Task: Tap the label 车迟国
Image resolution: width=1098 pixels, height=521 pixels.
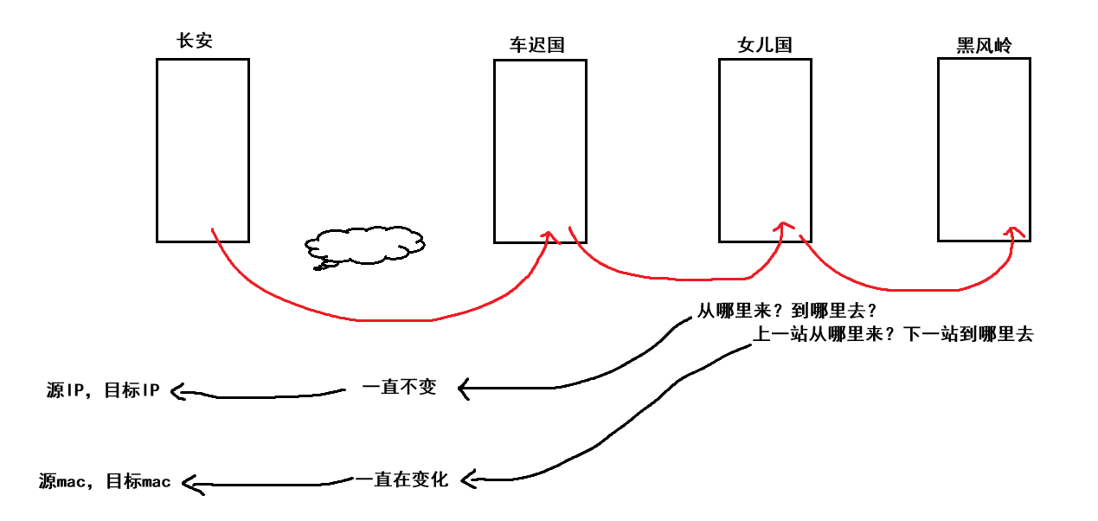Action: pos(536,45)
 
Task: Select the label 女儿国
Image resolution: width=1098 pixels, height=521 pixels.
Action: pos(764,45)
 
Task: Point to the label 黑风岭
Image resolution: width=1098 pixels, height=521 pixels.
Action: pos(984,45)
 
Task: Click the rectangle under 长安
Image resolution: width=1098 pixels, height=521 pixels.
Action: pos(202,150)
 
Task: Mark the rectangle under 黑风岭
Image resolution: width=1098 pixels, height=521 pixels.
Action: pos(985,150)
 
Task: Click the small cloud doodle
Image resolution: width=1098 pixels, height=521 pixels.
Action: pos(363,246)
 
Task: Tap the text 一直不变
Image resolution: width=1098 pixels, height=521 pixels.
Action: pos(399,388)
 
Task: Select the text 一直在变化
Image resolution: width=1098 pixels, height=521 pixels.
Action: pos(401,479)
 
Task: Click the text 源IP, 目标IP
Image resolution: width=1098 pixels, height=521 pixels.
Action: pos(103,390)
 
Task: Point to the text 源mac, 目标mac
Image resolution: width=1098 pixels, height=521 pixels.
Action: pos(105,481)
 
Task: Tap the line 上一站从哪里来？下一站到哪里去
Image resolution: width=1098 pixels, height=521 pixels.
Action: pos(894,335)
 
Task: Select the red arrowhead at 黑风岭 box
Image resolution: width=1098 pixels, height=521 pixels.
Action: pos(1014,231)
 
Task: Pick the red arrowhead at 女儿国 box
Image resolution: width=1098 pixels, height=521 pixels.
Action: pos(783,227)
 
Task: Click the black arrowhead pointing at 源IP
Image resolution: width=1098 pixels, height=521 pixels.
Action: pos(179,392)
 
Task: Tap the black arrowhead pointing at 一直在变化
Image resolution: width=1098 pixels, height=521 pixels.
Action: pos(468,477)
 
